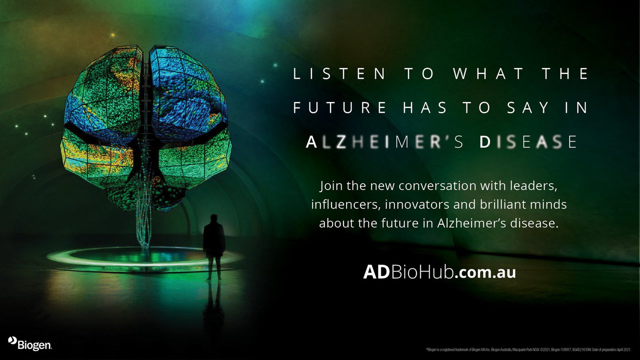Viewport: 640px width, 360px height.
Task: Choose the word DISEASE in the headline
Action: click(x=528, y=142)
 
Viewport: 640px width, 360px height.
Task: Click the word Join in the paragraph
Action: click(x=331, y=186)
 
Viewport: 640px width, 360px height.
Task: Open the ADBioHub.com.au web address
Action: click(x=439, y=272)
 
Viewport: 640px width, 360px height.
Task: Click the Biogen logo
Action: click(x=30, y=343)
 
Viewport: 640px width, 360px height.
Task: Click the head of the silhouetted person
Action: click(x=214, y=218)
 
